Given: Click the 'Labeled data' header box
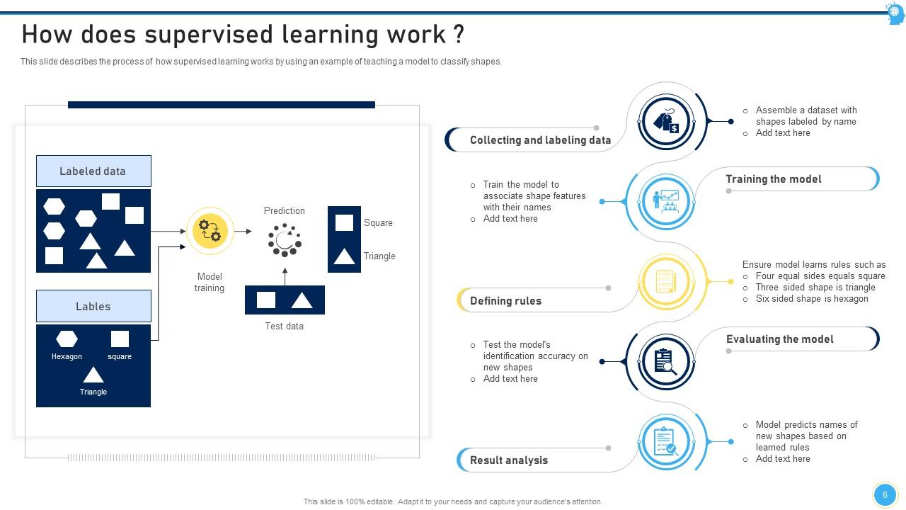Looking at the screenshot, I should pos(93,171).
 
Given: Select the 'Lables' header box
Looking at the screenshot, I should pos(93,307).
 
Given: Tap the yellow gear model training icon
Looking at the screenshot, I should pos(210,232).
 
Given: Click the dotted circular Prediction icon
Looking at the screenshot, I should pos(285,240).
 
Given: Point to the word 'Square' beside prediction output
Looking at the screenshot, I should pos(378,222).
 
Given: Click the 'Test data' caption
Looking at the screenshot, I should pos(284,327).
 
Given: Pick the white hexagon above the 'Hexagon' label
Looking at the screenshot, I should pos(67,339).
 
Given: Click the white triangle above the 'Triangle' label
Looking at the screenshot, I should pos(93,374).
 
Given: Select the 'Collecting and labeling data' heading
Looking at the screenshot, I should pos(540,140).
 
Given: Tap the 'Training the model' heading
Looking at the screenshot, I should pos(773,179).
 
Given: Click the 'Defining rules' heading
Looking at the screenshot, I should pos(505,301).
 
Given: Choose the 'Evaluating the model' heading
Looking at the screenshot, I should pos(779,339).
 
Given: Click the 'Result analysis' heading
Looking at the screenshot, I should pos(508,460).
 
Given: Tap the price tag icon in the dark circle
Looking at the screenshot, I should pos(665,122).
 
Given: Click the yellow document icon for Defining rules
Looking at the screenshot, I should pos(665,281).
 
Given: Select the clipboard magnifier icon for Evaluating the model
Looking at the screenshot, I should pos(665,361).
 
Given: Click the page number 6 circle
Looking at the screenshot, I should pos(884,495).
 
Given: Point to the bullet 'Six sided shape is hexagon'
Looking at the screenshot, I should pos(811,299).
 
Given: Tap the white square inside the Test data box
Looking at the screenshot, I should pos(266,300).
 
